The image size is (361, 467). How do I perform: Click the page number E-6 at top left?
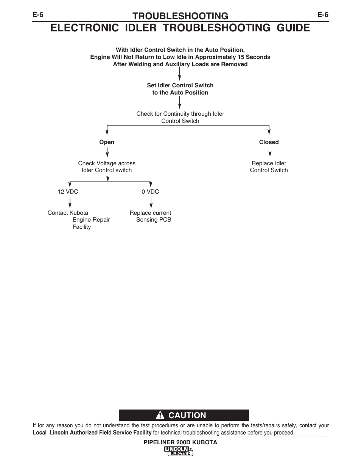[x=38, y=15]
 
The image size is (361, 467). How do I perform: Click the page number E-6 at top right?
[x=323, y=15]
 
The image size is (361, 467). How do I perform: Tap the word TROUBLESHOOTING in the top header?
[x=180, y=16]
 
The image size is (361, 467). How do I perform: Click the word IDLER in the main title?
[x=141, y=28]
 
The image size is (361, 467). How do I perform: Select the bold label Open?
[x=107, y=142]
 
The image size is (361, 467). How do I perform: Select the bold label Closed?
[x=269, y=142]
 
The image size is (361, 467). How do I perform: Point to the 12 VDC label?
[x=68, y=191]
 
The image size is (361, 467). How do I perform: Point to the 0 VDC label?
[x=150, y=191]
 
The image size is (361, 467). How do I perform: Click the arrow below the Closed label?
[x=270, y=152]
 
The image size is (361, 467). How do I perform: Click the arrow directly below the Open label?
[x=107, y=152]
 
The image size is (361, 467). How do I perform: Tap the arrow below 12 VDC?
[x=70, y=203]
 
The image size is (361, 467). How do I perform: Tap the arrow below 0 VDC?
[x=151, y=203]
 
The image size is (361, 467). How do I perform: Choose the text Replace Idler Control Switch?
[x=269, y=167]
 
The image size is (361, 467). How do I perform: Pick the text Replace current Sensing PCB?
[x=150, y=216]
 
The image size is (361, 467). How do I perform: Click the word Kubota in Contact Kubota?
[x=79, y=213]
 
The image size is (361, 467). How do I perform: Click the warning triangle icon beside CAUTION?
[x=160, y=415]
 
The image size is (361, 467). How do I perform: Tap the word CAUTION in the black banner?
[x=187, y=415]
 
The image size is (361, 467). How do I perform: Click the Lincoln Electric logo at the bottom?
[x=178, y=451]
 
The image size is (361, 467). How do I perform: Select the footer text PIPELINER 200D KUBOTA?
[x=180, y=442]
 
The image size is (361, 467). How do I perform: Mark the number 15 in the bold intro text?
[x=241, y=57]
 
